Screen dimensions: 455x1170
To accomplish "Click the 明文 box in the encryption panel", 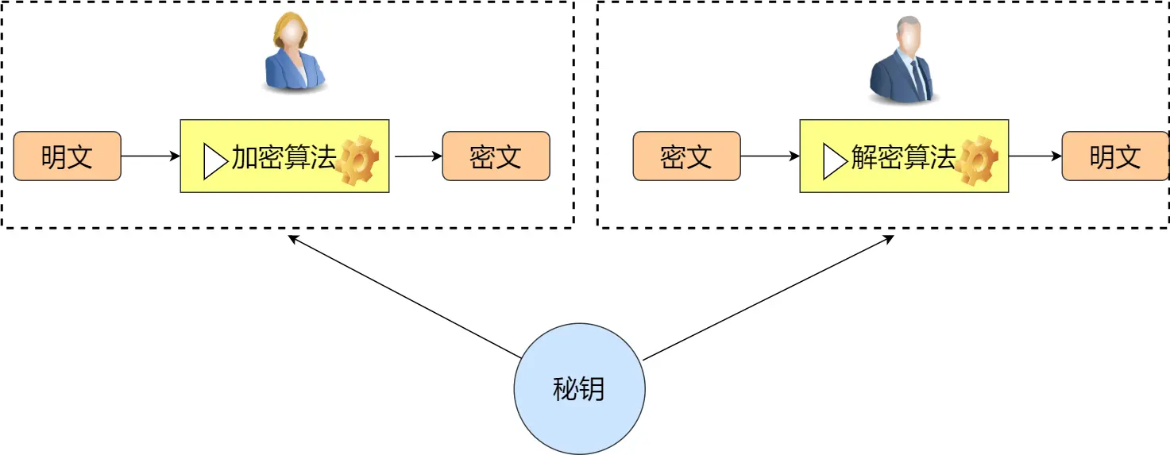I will pyautogui.click(x=67, y=156).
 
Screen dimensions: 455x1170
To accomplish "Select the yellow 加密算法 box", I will pyautogui.click(x=284, y=156).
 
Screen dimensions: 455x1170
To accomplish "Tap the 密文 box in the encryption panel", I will pyautogui.click(x=496, y=156).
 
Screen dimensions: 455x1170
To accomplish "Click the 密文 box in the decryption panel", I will pyautogui.click(x=686, y=156).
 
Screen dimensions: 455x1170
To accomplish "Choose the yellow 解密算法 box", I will pyautogui.click(x=903, y=156).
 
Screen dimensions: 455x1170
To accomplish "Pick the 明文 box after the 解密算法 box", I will pyautogui.click(x=1114, y=156).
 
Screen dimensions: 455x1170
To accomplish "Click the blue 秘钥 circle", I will pyautogui.click(x=579, y=389).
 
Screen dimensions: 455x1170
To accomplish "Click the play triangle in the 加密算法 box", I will pyautogui.click(x=214, y=161).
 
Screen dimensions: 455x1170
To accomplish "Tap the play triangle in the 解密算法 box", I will pyautogui.click(x=833, y=161).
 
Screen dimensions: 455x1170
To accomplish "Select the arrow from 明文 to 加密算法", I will pyautogui.click(x=150, y=156).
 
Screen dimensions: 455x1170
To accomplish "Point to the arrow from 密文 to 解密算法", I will pyautogui.click(x=770, y=156).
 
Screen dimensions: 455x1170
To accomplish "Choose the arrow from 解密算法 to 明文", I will pyautogui.click(x=1035, y=156).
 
